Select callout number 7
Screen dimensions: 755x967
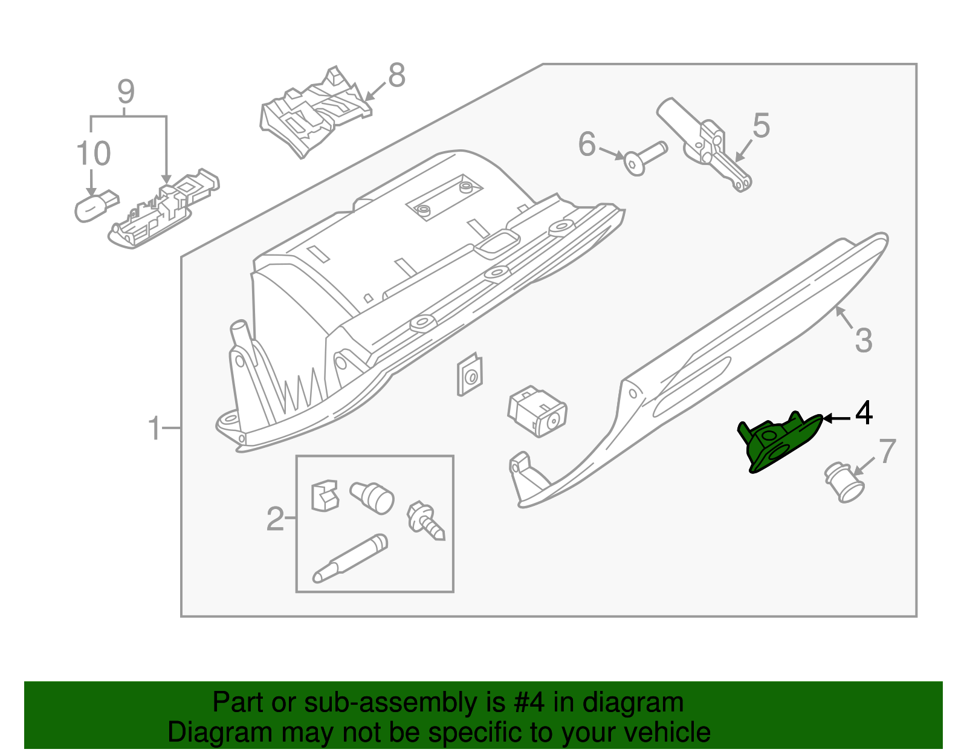coord(887,452)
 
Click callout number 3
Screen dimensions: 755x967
coord(864,340)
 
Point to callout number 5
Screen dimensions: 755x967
coord(761,126)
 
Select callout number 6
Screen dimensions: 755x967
coord(587,144)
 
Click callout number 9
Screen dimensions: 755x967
coord(125,92)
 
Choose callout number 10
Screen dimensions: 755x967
coord(94,154)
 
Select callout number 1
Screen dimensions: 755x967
coord(155,428)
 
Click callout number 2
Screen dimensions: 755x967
coord(275,519)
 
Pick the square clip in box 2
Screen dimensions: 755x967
coord(324,495)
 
